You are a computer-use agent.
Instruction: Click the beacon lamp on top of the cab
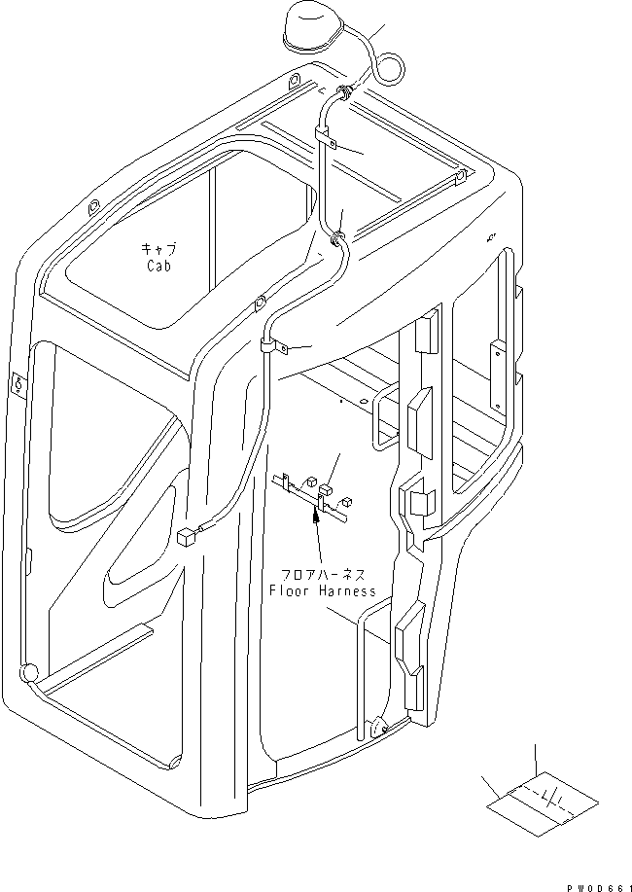tap(310, 29)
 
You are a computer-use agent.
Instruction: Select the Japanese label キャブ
tap(158, 250)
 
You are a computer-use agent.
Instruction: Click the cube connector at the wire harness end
tap(187, 535)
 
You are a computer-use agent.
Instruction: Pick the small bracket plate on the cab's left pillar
tap(17, 383)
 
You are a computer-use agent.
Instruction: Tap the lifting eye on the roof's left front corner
tap(94, 207)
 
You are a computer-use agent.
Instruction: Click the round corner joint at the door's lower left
tap(28, 671)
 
